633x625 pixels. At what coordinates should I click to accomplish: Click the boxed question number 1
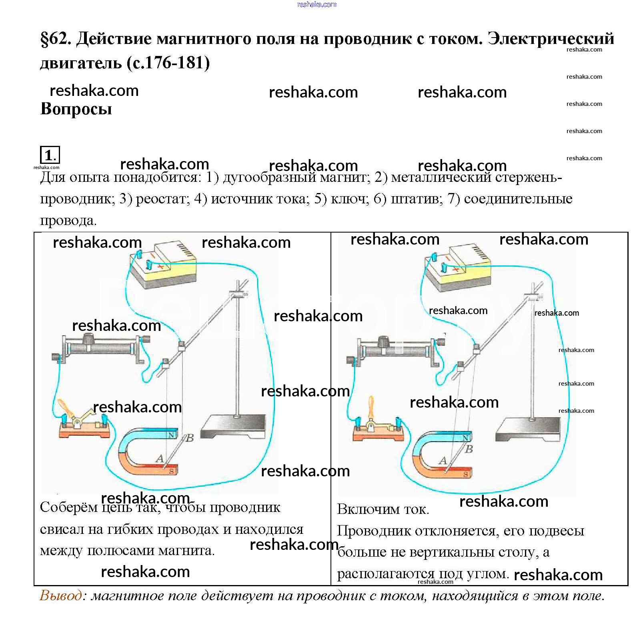pos(49,155)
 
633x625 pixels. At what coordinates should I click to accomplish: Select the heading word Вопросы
pos(76,109)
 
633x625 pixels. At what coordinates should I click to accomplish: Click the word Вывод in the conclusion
pos(61,596)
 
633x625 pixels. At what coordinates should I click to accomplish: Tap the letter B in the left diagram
pos(190,438)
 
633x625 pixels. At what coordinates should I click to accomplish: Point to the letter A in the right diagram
pos(443,461)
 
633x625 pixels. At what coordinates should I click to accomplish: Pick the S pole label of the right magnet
pos(466,474)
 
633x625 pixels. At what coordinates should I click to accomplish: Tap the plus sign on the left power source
pos(160,267)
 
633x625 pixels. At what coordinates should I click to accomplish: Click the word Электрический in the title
pos(551,39)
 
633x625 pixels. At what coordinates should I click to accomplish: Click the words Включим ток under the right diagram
pos(383,510)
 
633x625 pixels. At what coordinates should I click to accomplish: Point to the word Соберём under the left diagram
pos(68,508)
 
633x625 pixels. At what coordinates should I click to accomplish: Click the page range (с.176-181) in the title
pos(168,63)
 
